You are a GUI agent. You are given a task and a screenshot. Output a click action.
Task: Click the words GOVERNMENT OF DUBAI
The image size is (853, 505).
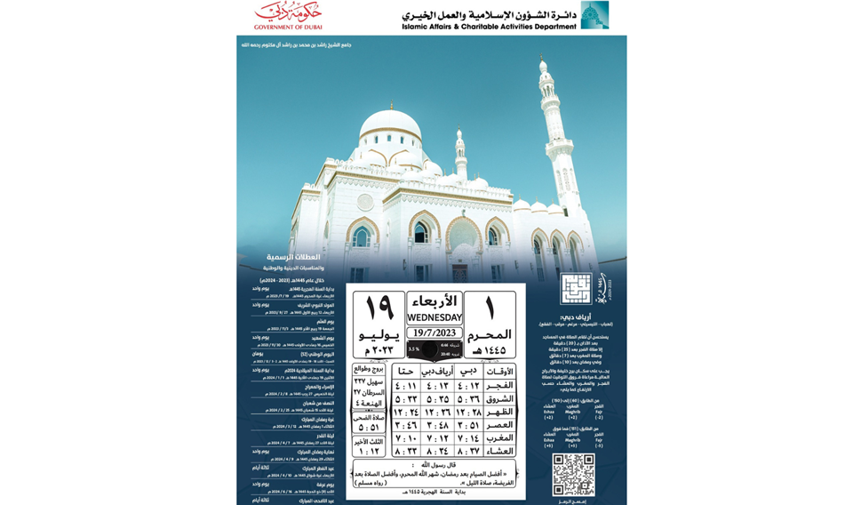tap(288, 27)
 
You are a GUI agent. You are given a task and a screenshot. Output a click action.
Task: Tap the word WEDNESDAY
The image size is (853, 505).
tap(434, 317)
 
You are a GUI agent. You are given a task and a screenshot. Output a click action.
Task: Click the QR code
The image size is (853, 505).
tap(572, 474)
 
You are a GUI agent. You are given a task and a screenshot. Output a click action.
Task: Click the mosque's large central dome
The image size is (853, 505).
tap(390, 125)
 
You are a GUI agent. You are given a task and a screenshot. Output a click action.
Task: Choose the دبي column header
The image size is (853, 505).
tap(468, 371)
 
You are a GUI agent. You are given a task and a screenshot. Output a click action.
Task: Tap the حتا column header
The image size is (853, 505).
tap(405, 371)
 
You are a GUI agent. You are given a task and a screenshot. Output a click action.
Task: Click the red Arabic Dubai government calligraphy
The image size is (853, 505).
tap(288, 12)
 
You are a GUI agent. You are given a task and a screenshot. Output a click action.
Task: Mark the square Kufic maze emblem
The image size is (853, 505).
tap(575, 289)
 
